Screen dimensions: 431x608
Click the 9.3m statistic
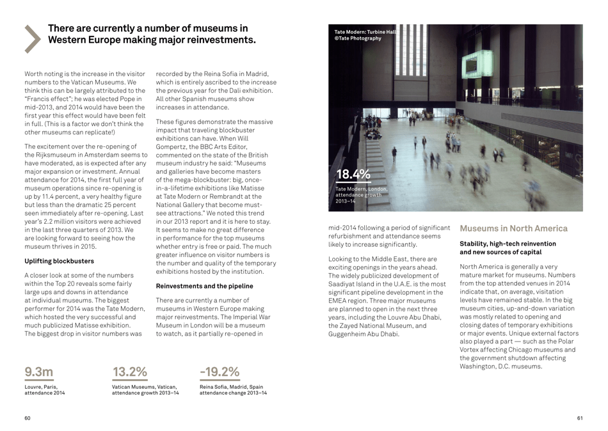[39, 371]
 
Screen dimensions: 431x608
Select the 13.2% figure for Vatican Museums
[130, 371]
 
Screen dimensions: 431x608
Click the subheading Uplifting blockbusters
[59, 261]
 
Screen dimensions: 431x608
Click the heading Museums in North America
[513, 228]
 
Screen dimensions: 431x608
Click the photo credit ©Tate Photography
[358, 38]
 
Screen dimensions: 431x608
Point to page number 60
[28, 418]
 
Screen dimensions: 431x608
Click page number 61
[579, 418]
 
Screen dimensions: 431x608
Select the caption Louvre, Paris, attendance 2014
[44, 389]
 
